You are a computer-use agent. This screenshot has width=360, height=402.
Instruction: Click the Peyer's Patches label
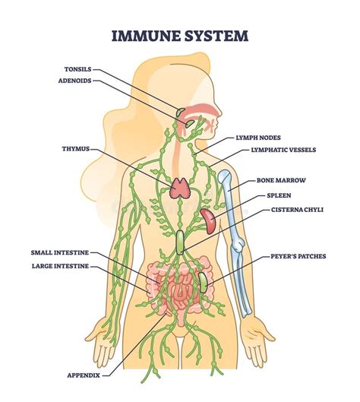298,256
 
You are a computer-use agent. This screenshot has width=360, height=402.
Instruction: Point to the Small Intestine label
59,253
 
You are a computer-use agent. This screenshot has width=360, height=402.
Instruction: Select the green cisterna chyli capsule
180,242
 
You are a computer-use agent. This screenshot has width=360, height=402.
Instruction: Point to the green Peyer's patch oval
203,283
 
